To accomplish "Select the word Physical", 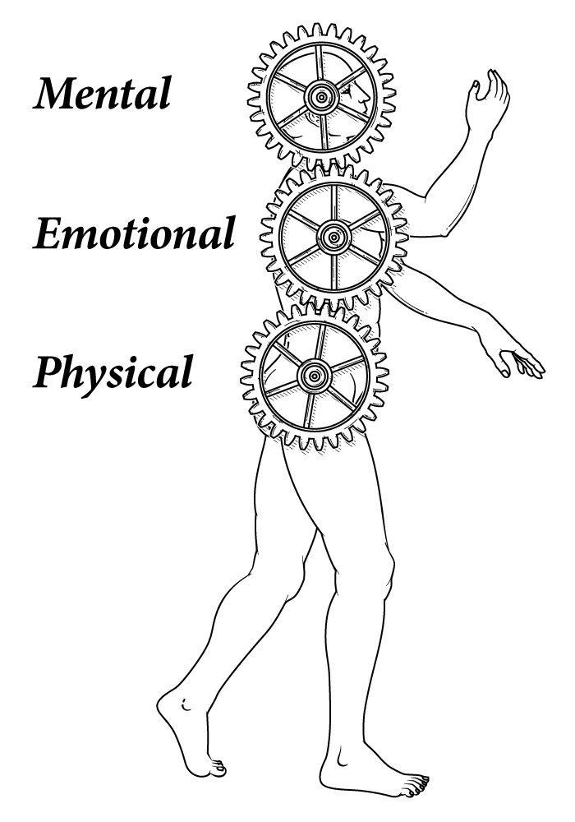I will tap(113, 374).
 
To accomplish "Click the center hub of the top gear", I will tap(321, 97).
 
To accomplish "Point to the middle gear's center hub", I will tap(333, 237).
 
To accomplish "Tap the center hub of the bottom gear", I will tap(314, 376).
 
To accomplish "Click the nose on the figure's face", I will tap(366, 98).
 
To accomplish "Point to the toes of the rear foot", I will tap(217, 769).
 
